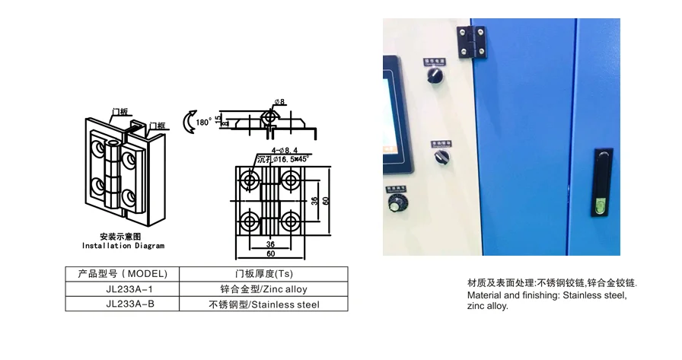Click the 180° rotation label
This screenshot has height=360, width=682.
pyautogui.click(x=203, y=122)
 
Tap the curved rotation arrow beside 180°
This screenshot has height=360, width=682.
pyautogui.click(x=188, y=121)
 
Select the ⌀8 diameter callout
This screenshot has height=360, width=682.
pyautogui.click(x=279, y=101)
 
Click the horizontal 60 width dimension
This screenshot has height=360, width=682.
pyautogui.click(x=270, y=253)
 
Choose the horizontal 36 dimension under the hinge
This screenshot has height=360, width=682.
pyautogui.click(x=270, y=244)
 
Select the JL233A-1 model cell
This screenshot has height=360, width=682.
pyautogui.click(x=122, y=289)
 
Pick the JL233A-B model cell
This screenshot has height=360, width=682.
pyautogui.click(x=122, y=304)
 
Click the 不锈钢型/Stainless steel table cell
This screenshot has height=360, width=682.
pyautogui.click(x=263, y=304)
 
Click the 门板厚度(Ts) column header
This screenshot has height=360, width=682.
pyautogui.click(x=263, y=274)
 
